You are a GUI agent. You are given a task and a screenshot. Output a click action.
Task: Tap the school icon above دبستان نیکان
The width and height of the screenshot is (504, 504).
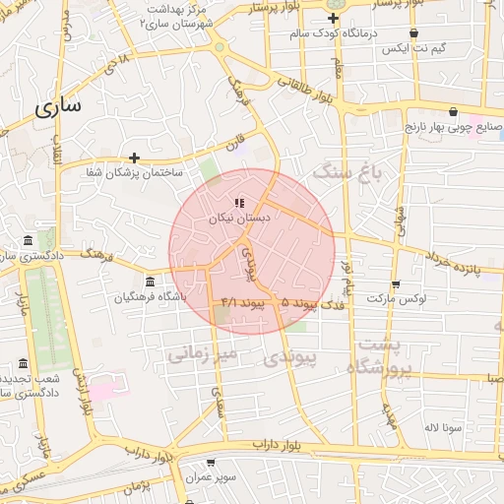point(239,204)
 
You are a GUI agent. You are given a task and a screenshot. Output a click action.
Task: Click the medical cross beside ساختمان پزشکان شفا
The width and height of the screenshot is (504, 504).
point(134,157)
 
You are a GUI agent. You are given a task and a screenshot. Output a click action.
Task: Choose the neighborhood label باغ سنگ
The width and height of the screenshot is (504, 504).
point(346,173)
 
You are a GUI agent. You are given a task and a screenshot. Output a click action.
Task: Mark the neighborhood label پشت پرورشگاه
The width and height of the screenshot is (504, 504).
point(380,355)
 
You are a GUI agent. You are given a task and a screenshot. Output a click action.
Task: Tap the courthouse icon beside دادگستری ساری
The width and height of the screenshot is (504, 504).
point(27,241)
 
